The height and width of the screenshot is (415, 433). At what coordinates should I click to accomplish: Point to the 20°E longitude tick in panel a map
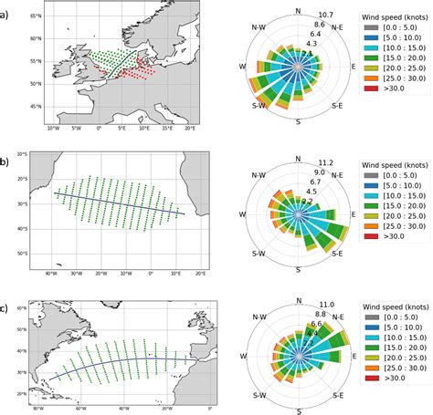189,129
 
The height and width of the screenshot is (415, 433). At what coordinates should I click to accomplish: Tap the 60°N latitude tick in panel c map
18,311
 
